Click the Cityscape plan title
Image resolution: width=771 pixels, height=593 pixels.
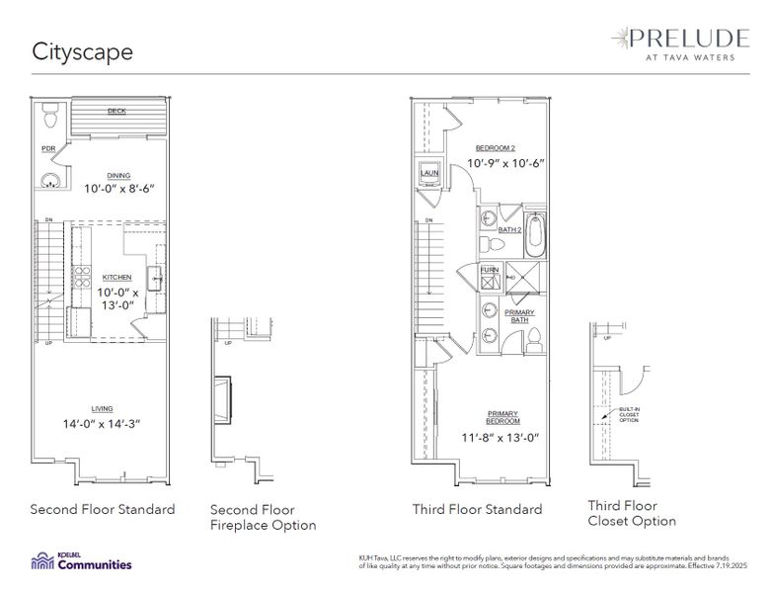point(82,51)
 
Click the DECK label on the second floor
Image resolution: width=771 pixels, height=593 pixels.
point(116,112)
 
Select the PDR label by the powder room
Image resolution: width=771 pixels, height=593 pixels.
point(48,149)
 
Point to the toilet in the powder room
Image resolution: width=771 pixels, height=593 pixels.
point(50,120)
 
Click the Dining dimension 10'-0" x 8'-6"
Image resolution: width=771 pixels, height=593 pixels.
point(119,188)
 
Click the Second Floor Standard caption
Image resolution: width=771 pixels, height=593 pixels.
point(103,510)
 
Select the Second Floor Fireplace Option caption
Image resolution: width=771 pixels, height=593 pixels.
point(264,518)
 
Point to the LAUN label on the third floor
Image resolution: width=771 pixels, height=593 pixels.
point(428,174)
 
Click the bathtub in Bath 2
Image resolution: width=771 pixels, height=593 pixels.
point(535,231)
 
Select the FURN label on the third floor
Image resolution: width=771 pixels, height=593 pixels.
point(490,269)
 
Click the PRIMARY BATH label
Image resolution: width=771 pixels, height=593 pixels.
point(520,316)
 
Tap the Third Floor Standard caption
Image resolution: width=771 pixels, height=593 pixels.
point(477,510)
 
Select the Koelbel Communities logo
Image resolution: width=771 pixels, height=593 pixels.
point(81,562)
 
